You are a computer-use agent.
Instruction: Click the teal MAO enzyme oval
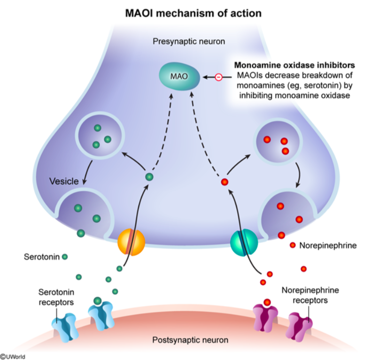click(179, 76)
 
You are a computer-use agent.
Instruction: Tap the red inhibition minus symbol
click(218, 77)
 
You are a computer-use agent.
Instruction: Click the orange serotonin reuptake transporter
click(131, 242)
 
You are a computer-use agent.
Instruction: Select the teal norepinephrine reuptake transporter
click(244, 243)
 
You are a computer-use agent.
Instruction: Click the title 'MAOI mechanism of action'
click(193, 13)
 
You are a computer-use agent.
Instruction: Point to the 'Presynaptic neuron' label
click(189, 41)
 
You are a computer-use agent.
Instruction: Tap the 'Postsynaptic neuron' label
click(190, 340)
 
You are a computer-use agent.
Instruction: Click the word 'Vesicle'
click(64, 181)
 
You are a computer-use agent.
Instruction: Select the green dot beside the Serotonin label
click(65, 257)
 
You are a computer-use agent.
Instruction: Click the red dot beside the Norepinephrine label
click(293, 245)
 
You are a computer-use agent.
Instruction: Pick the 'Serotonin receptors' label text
click(56, 297)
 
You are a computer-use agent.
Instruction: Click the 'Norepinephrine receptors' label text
click(310, 295)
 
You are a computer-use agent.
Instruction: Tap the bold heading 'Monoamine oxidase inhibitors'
click(294, 65)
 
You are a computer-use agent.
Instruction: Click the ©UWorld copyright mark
click(13, 357)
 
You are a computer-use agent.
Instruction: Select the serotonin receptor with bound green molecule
click(101, 315)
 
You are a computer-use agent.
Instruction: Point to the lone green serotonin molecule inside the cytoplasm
click(149, 177)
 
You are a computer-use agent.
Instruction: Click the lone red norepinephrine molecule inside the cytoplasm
click(224, 182)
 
